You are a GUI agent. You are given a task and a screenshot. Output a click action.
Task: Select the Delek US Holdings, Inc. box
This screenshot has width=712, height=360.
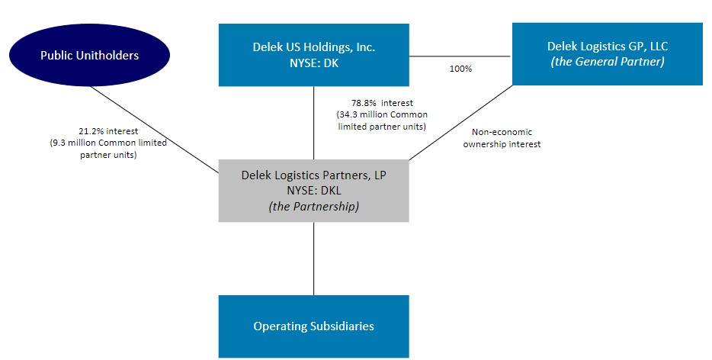click(x=313, y=54)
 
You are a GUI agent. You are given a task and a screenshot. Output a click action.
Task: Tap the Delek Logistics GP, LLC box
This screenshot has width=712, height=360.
click(x=607, y=53)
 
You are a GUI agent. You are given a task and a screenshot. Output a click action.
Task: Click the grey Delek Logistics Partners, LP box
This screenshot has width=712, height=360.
click(x=313, y=191)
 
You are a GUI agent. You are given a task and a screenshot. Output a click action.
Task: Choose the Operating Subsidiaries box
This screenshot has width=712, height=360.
click(x=313, y=326)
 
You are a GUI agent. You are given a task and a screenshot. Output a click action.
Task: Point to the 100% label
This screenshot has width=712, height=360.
click(x=460, y=69)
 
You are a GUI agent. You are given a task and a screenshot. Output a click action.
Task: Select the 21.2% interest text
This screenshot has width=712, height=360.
click(x=108, y=131)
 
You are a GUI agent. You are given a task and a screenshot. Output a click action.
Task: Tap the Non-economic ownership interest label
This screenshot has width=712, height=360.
click(x=506, y=137)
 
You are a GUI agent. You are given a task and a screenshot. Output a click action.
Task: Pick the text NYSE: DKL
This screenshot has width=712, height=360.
click(x=313, y=191)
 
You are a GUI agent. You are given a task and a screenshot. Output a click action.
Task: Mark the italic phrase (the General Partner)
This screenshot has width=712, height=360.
click(x=607, y=61)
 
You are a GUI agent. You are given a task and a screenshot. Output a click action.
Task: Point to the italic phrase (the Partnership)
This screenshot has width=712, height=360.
click(x=313, y=206)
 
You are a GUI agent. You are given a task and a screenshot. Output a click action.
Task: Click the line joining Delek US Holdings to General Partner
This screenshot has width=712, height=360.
click(x=460, y=56)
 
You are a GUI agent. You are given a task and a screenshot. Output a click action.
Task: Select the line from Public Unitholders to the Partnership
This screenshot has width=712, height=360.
click(x=152, y=127)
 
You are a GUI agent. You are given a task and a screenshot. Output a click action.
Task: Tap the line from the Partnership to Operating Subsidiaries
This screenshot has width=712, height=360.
click(x=313, y=259)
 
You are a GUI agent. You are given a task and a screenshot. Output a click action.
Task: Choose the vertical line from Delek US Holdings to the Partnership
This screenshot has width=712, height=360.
click(x=313, y=122)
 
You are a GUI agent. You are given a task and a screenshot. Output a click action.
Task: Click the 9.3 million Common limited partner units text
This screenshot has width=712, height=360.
click(x=108, y=149)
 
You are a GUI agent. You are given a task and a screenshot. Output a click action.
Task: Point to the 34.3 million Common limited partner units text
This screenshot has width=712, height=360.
click(x=382, y=121)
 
